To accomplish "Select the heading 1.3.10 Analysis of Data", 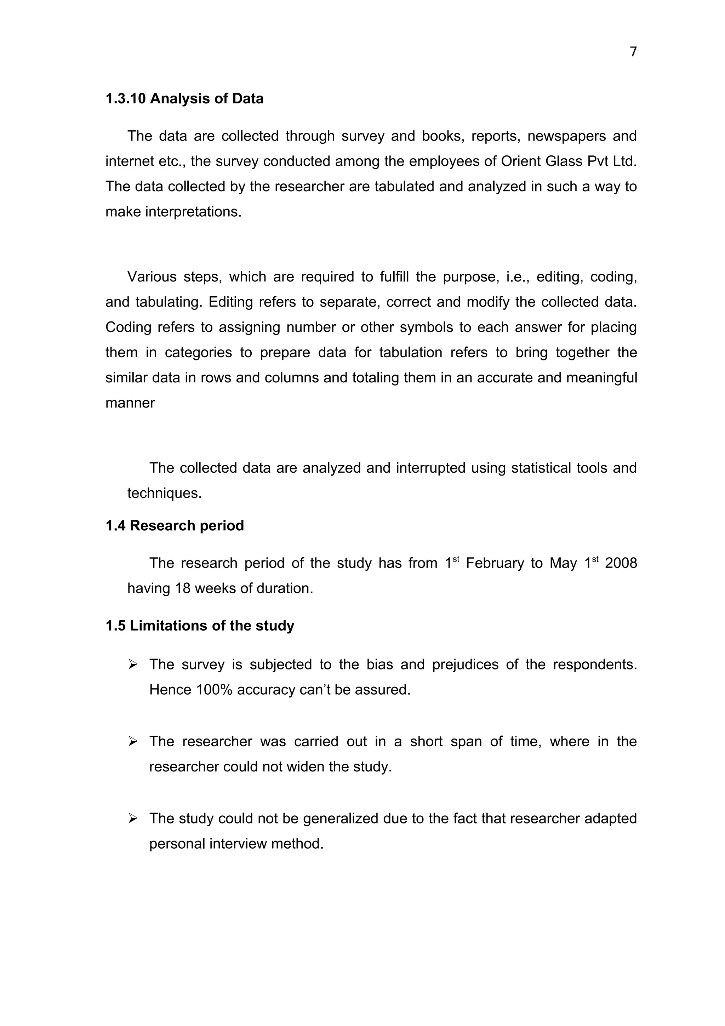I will (x=184, y=99).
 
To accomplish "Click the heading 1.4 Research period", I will (x=175, y=525).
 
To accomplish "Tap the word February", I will (x=495, y=563).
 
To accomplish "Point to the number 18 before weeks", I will (x=183, y=588).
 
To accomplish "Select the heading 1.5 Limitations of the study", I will (x=200, y=626).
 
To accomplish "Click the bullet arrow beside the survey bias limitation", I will (x=133, y=665).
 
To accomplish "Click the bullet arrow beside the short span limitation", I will (x=133, y=742).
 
